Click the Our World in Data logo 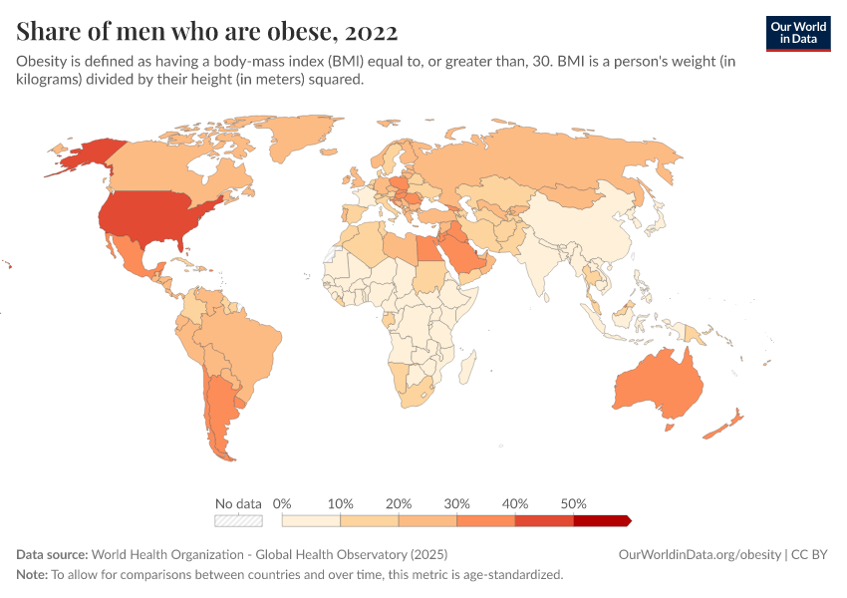pos(797,33)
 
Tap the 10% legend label pos(341,503)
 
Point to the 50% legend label pos(573,503)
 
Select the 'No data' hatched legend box pos(238,520)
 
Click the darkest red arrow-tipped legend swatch pos(602,520)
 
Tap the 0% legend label pos(282,503)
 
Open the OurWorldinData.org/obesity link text pos(701,554)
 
